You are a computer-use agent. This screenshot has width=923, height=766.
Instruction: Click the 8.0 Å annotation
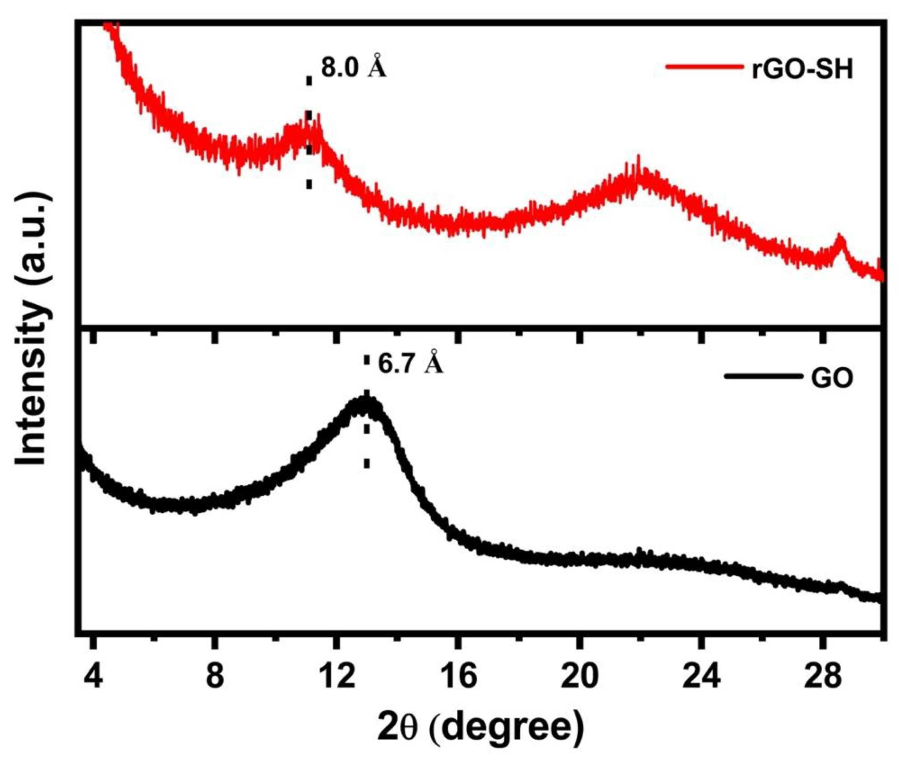tap(353, 67)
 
